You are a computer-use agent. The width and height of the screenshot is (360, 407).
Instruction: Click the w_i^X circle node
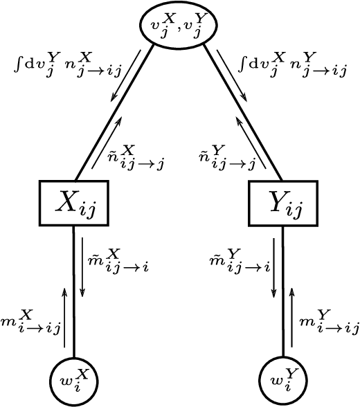tap(73, 381)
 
